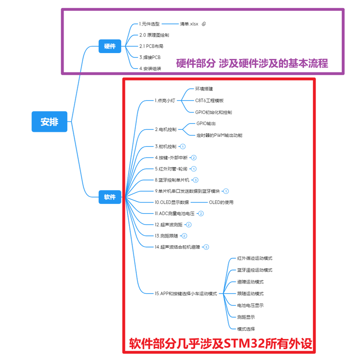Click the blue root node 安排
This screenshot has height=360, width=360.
[x=49, y=121]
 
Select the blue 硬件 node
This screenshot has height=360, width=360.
[x=110, y=46]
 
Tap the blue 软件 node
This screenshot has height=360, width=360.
[x=110, y=197]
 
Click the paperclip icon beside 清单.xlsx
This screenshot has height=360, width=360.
[x=204, y=23]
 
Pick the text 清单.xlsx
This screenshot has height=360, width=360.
[x=189, y=23]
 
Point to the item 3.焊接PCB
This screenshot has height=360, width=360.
[x=149, y=57]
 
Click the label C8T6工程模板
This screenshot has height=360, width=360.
[x=209, y=100]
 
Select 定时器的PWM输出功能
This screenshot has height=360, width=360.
[x=219, y=135]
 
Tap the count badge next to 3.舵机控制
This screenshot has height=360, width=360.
[x=183, y=146]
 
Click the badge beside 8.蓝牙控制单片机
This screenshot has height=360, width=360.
[x=195, y=180]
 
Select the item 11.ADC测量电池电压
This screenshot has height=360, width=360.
[x=174, y=213]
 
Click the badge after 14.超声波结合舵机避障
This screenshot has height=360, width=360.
[x=206, y=247]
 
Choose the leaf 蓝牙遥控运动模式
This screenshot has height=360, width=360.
[x=255, y=270]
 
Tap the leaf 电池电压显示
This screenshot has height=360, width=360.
[x=250, y=305]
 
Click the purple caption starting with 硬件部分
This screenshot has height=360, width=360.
[x=252, y=63]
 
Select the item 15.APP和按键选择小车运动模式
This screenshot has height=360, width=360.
[x=185, y=293]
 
